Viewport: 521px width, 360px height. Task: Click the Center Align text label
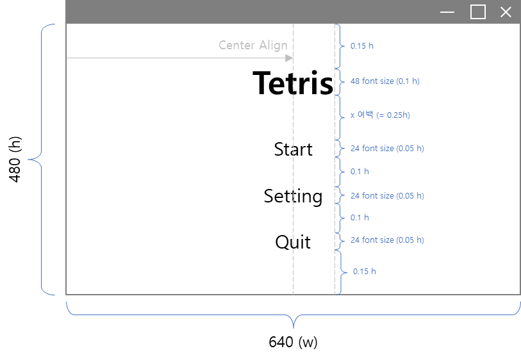[x=252, y=45]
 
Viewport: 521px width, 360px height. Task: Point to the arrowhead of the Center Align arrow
[x=290, y=58]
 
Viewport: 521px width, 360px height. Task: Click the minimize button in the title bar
[x=447, y=12]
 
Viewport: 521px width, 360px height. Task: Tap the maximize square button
[x=477, y=12]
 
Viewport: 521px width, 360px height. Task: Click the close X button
[x=506, y=12]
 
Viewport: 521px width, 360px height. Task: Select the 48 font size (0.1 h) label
[x=385, y=81]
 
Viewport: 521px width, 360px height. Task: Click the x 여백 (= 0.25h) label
[x=380, y=115]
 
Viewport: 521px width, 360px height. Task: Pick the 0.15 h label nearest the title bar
[x=362, y=46]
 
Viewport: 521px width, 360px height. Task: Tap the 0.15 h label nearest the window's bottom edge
[x=365, y=271]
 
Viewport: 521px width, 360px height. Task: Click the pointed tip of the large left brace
[x=29, y=159]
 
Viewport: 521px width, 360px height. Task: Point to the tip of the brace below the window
[x=294, y=327]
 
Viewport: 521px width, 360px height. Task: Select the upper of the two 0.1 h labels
[x=360, y=172]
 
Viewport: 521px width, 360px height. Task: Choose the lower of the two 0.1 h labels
[x=360, y=218]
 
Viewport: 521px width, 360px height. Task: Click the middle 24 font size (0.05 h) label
[x=387, y=195]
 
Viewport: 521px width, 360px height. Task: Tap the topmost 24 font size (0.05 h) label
[x=387, y=149]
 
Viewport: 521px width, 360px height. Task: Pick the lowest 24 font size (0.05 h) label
[x=387, y=240]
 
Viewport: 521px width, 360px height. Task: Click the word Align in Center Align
[x=273, y=45]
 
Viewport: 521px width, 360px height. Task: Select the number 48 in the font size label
[x=355, y=81]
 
